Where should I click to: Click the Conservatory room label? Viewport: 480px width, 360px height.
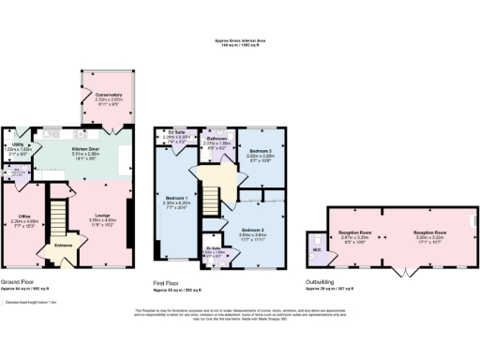coord(97,95)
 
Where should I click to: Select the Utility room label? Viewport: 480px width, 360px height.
coord(17,145)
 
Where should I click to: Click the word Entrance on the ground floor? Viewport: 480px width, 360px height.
coord(65,246)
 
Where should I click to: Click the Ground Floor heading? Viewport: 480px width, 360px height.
coord(19,280)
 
